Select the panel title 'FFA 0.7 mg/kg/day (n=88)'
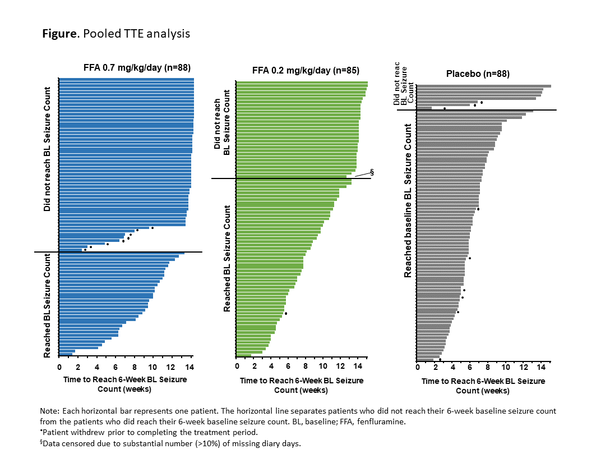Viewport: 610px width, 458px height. pos(137,68)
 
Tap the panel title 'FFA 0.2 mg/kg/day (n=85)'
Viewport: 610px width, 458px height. pos(306,71)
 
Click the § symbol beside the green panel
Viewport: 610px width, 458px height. pos(371,172)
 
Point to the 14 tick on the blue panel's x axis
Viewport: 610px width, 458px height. pos(190,367)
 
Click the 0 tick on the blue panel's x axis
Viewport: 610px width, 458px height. pos(59,367)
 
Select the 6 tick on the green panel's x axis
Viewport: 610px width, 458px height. pos(288,367)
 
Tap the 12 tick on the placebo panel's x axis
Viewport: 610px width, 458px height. pos(523,367)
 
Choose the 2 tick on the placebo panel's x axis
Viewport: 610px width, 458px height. pos(435,367)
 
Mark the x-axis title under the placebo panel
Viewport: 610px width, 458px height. pos(483,386)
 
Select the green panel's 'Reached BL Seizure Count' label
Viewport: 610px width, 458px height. pos(227,258)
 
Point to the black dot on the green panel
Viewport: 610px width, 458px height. pos(286,314)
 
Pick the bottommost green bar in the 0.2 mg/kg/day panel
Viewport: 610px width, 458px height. pos(244,356)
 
